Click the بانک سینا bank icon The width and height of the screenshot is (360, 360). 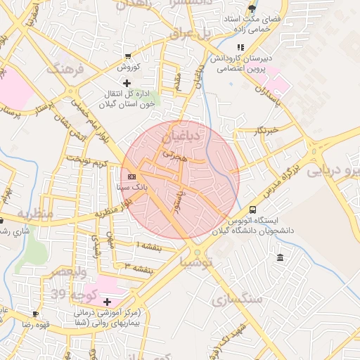click(132, 176)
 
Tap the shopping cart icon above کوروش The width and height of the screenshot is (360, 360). click(127, 56)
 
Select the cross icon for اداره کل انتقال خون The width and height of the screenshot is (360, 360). click(127, 83)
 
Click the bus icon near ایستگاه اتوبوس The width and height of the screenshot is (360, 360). click(252, 210)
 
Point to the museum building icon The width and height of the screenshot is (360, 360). click(281, 259)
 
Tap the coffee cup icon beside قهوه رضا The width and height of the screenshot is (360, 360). click(35, 314)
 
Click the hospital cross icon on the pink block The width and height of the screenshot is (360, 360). click(107, 302)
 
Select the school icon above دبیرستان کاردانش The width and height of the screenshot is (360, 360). click(241, 47)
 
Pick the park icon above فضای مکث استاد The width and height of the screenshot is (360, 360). click(252, 9)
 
